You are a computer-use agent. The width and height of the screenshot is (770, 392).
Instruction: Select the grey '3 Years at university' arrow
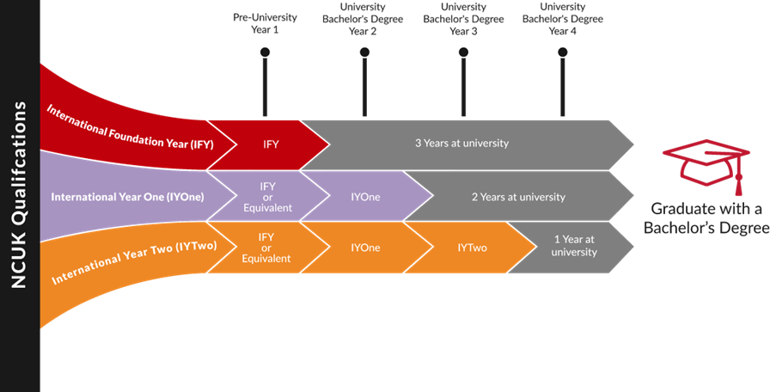click(467, 144)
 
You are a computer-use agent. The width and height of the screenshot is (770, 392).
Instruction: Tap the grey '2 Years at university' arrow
click(519, 197)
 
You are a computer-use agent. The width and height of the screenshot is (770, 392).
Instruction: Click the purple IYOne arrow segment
click(367, 197)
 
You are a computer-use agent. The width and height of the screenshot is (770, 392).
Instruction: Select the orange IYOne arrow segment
click(367, 247)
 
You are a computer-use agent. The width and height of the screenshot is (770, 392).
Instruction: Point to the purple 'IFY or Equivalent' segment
click(268, 197)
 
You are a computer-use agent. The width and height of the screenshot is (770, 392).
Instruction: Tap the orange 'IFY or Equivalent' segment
click(268, 247)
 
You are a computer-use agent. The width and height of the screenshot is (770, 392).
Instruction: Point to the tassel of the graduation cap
click(738, 183)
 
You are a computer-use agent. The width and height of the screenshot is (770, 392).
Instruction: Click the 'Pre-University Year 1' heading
click(265, 23)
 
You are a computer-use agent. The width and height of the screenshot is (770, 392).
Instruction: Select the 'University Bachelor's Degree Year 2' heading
click(363, 19)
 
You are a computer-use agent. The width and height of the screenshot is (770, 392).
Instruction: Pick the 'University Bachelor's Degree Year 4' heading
click(563, 19)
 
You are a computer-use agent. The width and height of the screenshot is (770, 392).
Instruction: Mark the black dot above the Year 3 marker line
click(463, 52)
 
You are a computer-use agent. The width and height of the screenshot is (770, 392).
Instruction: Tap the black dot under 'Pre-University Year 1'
click(266, 52)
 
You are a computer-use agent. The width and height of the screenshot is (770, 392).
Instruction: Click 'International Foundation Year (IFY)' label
click(130, 126)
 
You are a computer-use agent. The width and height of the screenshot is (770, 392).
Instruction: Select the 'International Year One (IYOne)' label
click(127, 197)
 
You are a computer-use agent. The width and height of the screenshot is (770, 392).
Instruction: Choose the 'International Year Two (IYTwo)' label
click(134, 262)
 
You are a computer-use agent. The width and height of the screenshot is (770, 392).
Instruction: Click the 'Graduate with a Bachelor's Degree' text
click(706, 218)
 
